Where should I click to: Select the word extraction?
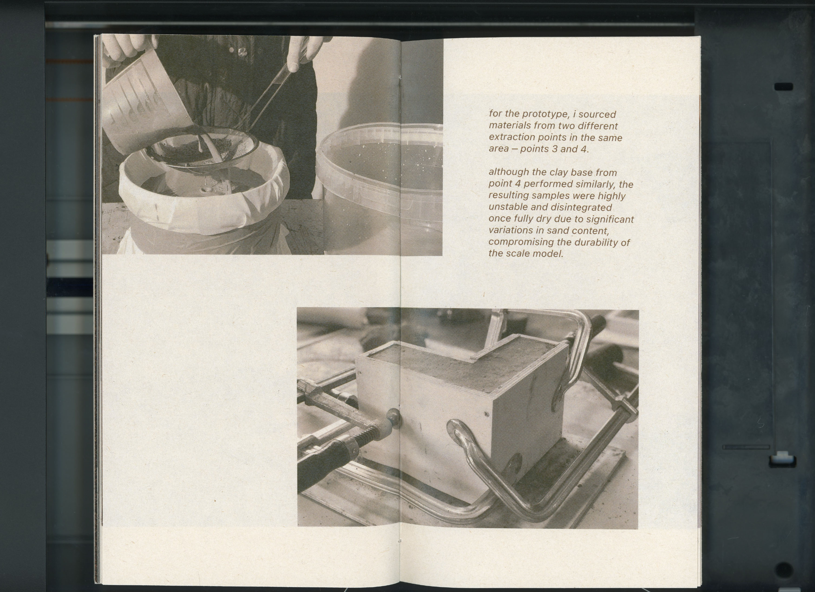tap(512, 138)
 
